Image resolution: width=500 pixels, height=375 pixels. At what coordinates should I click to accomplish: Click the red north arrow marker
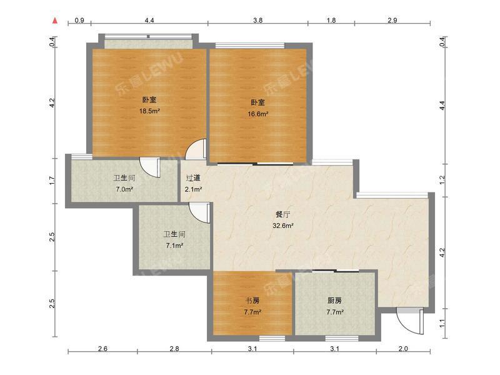click(55, 21)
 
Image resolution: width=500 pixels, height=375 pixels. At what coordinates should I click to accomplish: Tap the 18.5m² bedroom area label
click(149, 111)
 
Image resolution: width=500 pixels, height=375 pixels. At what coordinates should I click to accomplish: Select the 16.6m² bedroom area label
click(257, 114)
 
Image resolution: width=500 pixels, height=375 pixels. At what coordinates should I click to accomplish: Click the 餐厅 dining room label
click(283, 214)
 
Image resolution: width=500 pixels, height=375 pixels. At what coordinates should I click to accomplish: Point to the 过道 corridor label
click(193, 178)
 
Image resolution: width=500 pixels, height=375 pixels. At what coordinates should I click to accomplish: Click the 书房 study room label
click(252, 301)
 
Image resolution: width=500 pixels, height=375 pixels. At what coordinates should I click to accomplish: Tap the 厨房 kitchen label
click(335, 301)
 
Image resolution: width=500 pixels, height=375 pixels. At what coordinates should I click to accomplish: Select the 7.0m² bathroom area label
click(124, 189)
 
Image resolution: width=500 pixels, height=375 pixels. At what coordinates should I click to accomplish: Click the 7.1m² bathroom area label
click(174, 246)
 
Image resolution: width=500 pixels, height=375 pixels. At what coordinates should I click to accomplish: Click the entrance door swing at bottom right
click(410, 321)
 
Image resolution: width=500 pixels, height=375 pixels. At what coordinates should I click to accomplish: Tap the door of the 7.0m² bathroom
click(150, 167)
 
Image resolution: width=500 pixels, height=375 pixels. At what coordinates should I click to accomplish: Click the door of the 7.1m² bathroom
click(199, 212)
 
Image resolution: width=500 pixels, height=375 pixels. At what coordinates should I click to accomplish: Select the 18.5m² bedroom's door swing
click(196, 149)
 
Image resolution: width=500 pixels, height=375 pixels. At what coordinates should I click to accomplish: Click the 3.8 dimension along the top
click(257, 21)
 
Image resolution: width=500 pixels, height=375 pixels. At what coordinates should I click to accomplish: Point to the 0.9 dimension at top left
click(79, 21)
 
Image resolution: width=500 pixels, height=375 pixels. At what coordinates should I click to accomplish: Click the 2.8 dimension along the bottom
click(174, 349)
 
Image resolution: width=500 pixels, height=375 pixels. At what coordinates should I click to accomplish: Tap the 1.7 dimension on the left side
click(52, 181)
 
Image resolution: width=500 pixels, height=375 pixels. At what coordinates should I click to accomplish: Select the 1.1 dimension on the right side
click(442, 323)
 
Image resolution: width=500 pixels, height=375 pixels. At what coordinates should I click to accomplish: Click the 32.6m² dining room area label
click(283, 226)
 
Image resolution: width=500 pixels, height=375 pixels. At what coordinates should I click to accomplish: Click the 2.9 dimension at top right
click(392, 21)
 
